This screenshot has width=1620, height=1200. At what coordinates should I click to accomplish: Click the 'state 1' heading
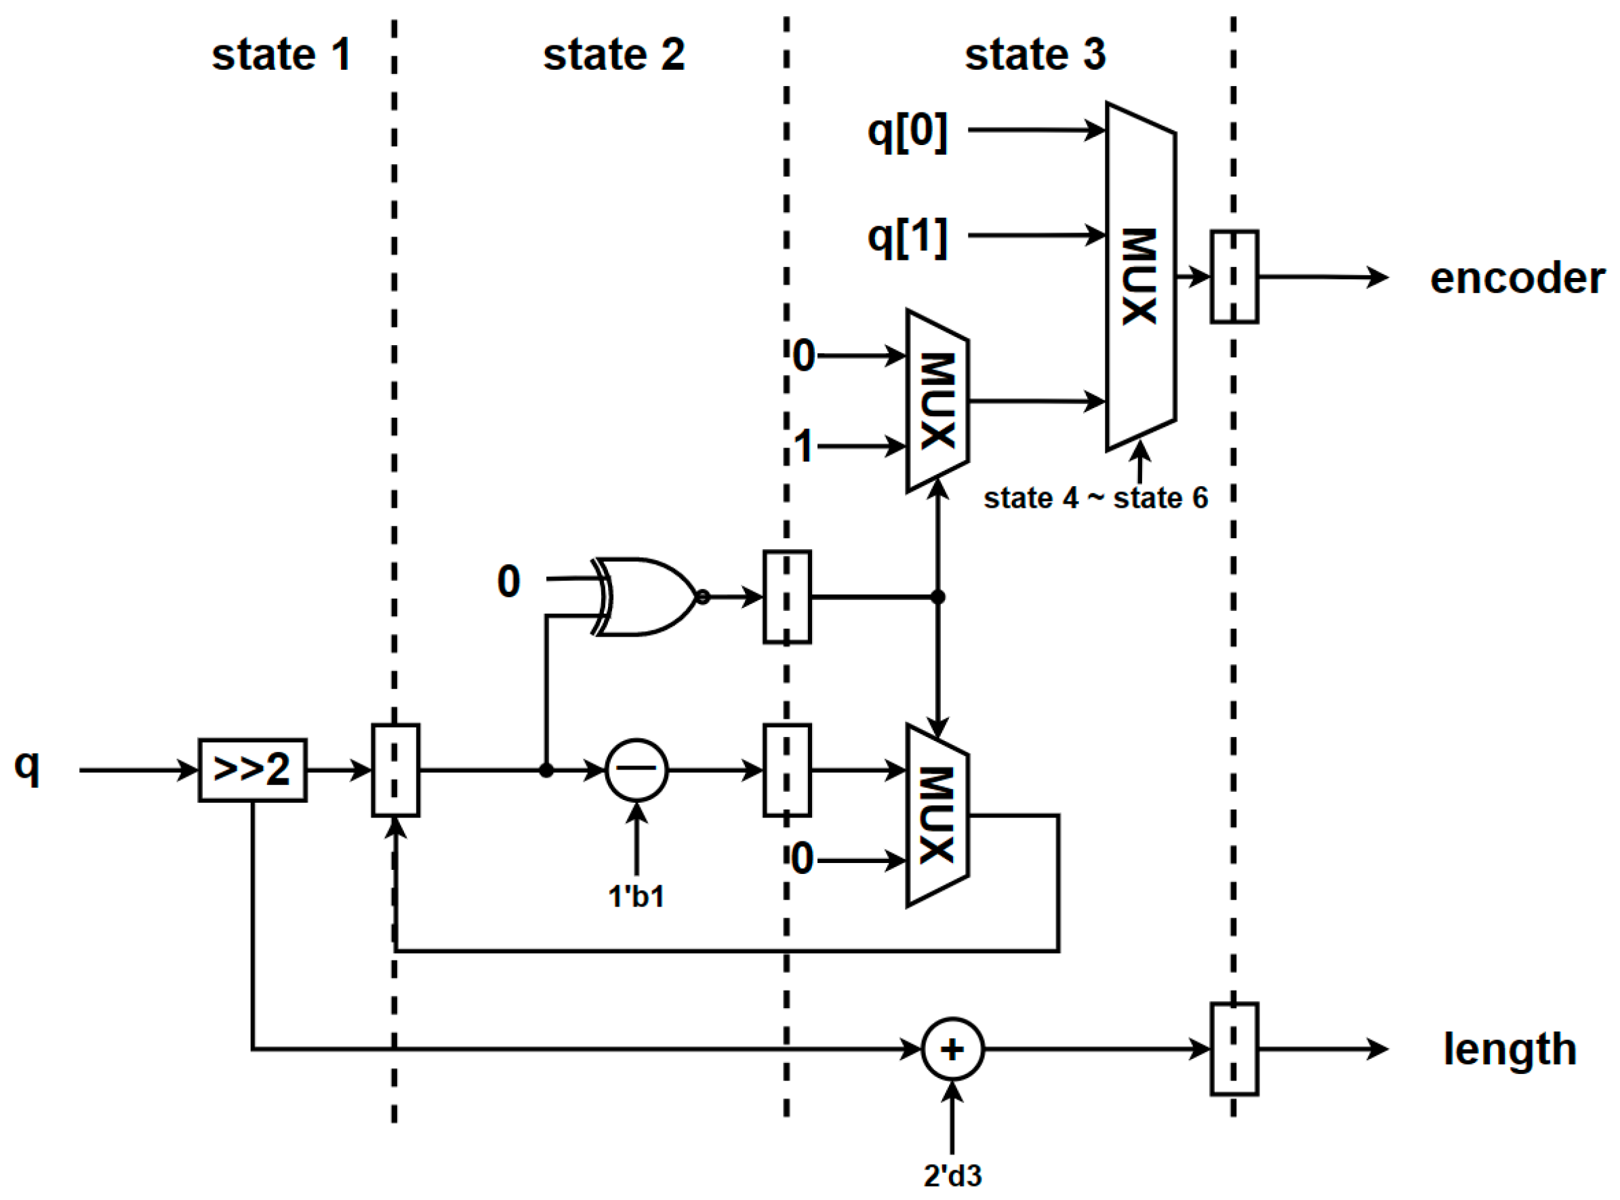pos(281,55)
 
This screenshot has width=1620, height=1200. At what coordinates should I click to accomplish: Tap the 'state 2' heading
pos(613,55)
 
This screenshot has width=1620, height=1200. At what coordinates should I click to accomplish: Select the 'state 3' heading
pos(1035,55)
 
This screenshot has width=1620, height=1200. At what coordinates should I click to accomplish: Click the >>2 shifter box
pos(252,770)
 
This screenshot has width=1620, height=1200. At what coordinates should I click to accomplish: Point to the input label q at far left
pos(27,766)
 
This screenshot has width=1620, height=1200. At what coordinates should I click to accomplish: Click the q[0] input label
pos(908,132)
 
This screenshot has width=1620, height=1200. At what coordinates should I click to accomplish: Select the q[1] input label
pos(908,237)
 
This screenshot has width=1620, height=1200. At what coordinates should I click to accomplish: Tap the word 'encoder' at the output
pos(1517,278)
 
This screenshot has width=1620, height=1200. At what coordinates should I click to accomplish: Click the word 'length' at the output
pos(1510,1049)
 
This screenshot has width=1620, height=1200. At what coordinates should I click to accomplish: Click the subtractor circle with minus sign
pos(637,770)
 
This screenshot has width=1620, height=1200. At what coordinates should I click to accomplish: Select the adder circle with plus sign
pos(953,1049)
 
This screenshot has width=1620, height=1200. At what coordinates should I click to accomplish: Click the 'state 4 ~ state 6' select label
pos(1095,498)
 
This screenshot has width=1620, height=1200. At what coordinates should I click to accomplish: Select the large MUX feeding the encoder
pos(1140,276)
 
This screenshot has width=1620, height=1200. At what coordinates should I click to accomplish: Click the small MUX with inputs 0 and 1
pos(937,401)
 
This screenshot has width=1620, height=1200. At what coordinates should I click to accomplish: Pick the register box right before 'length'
pos(1234,1049)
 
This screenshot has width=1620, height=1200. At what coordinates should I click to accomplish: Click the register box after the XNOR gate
pos(787,597)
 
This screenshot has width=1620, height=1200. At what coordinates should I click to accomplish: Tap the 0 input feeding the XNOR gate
pos(508,581)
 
